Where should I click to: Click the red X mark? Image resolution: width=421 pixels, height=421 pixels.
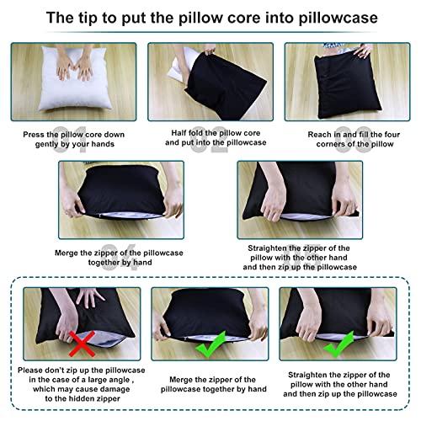click(x=82, y=344)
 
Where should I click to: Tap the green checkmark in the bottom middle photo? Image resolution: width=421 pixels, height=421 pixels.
click(x=211, y=344)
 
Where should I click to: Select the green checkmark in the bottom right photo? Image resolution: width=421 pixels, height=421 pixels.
click(x=338, y=344)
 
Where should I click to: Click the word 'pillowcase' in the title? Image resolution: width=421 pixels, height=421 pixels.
click(x=338, y=19)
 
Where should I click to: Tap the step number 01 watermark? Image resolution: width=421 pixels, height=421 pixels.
click(x=69, y=140)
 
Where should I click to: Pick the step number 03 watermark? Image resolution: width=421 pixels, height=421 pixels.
click(x=354, y=140)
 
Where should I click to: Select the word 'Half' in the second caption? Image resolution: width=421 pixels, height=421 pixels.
click(x=179, y=133)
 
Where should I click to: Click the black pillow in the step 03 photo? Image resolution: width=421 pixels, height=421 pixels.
click(x=348, y=84)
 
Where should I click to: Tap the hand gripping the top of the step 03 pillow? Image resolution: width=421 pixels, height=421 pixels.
click(x=364, y=51)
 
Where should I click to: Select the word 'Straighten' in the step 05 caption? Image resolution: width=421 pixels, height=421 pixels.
click(x=268, y=248)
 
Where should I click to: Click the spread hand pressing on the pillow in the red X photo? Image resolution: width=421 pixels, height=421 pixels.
click(x=89, y=297)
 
